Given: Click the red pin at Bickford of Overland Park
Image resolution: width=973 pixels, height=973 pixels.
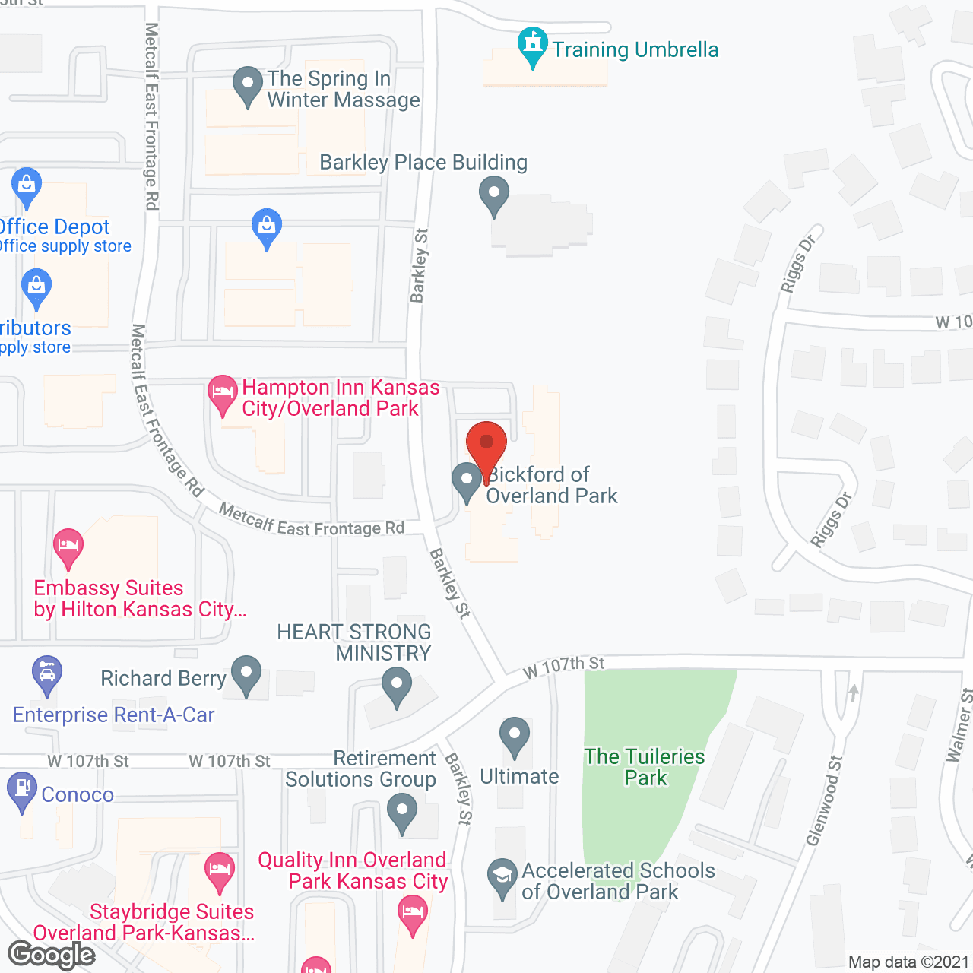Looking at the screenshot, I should pyautogui.click(x=486, y=445).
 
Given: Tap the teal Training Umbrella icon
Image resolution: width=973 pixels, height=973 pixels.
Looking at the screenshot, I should pyautogui.click(x=533, y=45).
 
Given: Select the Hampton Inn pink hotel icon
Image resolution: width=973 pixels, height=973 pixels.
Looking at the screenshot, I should pyautogui.click(x=222, y=394).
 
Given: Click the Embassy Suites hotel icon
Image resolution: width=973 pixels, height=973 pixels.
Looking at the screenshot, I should pyautogui.click(x=68, y=547).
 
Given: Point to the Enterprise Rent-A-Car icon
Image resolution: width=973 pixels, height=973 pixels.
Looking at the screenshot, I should pyautogui.click(x=47, y=674).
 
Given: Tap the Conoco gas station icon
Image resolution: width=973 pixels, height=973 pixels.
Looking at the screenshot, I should pyautogui.click(x=22, y=791).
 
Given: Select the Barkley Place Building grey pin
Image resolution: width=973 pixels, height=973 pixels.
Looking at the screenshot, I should pyautogui.click(x=494, y=195).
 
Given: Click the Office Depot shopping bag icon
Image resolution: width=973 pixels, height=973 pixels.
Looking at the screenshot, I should pyautogui.click(x=27, y=185).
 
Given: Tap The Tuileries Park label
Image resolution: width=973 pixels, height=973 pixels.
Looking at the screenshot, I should pyautogui.click(x=645, y=767).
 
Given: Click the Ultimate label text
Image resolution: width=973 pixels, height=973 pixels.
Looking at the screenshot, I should pyautogui.click(x=519, y=777).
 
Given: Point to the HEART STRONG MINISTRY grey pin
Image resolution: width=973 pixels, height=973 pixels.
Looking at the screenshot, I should pyautogui.click(x=396, y=686).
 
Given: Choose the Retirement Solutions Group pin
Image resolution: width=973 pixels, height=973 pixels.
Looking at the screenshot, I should pyautogui.click(x=402, y=812).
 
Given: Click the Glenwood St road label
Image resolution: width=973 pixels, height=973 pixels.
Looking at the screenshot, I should pyautogui.click(x=825, y=800).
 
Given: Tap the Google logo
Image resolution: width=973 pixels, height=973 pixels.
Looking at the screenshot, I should pyautogui.click(x=52, y=956).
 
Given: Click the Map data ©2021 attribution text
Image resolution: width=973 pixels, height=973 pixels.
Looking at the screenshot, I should pyautogui.click(x=908, y=962).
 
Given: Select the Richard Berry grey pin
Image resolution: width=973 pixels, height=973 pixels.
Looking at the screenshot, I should pyautogui.click(x=246, y=674).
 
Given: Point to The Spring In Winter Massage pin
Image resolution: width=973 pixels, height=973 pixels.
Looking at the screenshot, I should pyautogui.click(x=247, y=86).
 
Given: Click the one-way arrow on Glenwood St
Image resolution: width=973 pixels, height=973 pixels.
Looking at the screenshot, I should pyautogui.click(x=854, y=693).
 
